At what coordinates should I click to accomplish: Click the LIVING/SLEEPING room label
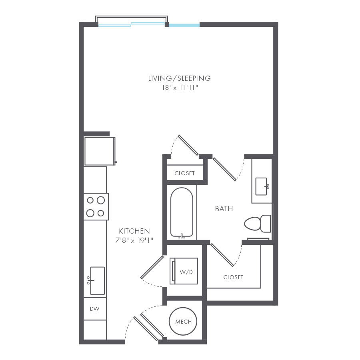tap(179, 78)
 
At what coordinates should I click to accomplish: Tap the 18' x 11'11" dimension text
tap(179, 87)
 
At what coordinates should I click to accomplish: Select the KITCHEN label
tap(134, 231)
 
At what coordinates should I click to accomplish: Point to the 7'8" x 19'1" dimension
tap(134, 240)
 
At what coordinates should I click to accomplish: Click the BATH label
tap(224, 209)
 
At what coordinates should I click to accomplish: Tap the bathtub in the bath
tap(182, 212)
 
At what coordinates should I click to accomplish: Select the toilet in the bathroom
tap(253, 224)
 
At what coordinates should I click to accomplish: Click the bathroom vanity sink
tap(263, 186)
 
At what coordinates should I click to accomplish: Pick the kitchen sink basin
tap(97, 280)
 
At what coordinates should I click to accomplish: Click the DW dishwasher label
tap(94, 309)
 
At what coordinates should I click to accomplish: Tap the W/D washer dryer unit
tap(184, 271)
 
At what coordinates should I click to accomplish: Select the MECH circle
tap(184, 322)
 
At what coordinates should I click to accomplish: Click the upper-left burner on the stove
tap(90, 200)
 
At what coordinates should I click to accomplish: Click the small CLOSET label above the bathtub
tap(184, 173)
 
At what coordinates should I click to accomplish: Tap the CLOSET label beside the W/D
tap(233, 277)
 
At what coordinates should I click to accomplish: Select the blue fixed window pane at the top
tap(184, 25)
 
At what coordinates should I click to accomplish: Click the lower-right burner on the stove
tap(101, 213)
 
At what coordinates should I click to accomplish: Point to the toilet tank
tap(266, 223)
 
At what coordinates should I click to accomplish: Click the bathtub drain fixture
tap(182, 236)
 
